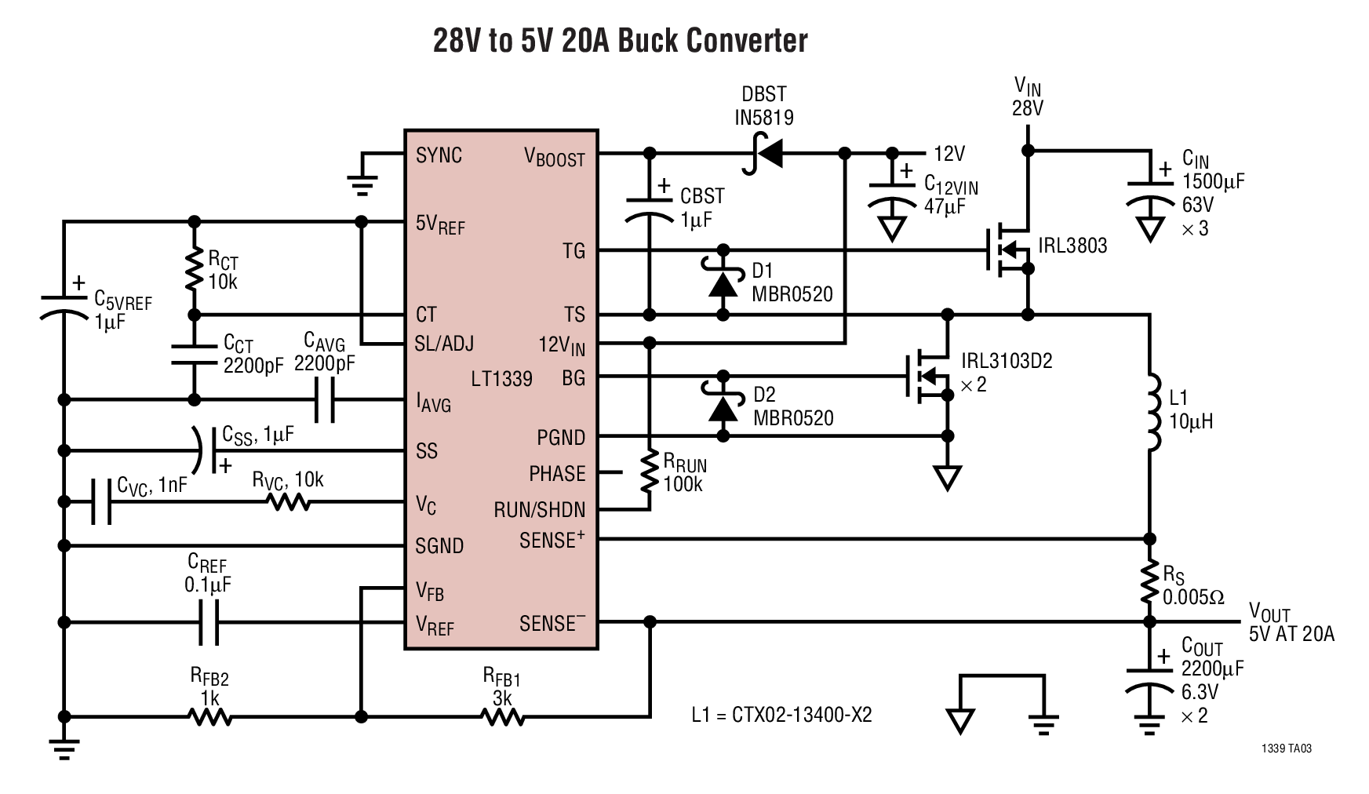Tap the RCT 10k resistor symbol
[194, 269]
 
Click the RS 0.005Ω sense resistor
[1149, 581]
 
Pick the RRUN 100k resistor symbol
[649, 471]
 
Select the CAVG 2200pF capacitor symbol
[324, 400]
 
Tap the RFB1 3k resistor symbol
[502, 716]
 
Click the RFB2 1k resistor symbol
[209, 716]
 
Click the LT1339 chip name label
[501, 379]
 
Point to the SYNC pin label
[439, 155]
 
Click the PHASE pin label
[557, 474]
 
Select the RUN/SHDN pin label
[539, 510]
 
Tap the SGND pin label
[439, 545]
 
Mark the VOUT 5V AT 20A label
[1291, 624]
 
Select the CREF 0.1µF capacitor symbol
[208, 623]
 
